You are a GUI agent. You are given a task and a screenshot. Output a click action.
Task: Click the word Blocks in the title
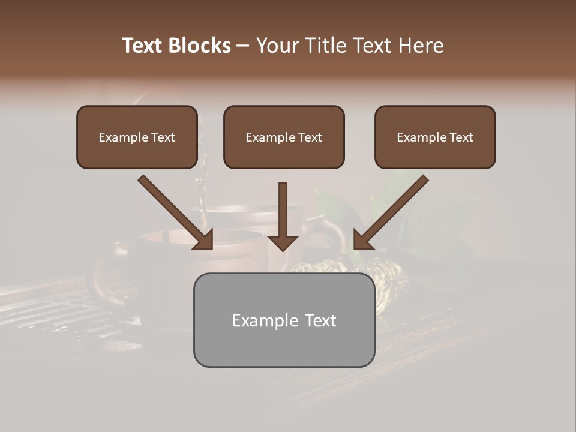(200, 46)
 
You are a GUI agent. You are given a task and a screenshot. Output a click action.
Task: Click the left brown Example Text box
(137, 137)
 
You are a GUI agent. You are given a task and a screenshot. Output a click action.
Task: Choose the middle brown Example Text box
(284, 137)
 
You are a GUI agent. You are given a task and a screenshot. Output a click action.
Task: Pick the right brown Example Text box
(435, 137)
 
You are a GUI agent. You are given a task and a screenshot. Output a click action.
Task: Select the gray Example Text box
(284, 320)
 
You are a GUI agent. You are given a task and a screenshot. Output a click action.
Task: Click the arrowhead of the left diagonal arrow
(204, 240)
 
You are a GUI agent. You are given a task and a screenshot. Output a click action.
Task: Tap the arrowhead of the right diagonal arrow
(362, 240)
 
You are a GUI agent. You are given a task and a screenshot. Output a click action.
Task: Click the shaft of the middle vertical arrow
(283, 207)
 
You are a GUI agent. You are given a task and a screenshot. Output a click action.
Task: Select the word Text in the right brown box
(461, 137)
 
